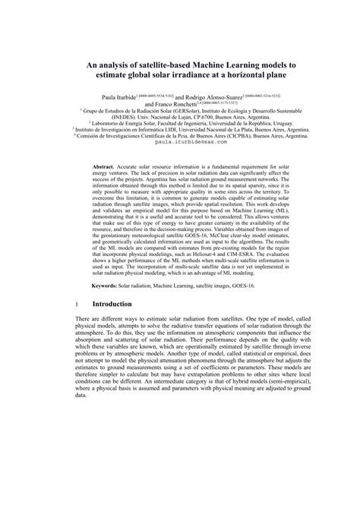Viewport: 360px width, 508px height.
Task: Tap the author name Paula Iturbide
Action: point(121,98)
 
